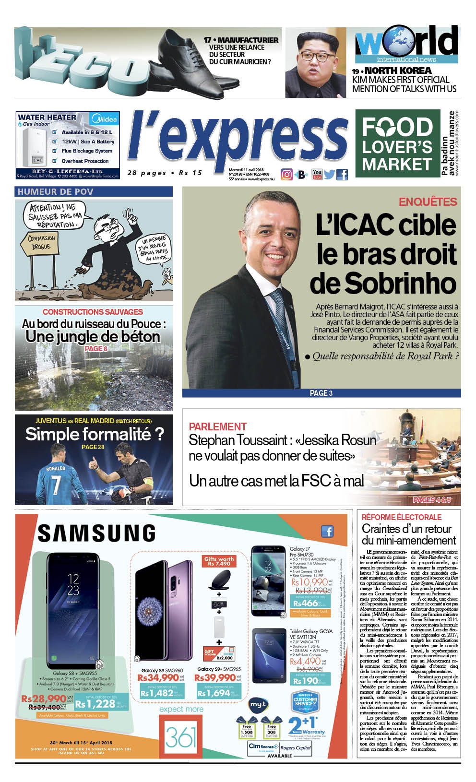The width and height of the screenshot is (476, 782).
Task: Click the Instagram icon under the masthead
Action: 286,175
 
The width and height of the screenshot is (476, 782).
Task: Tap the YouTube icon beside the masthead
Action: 317,175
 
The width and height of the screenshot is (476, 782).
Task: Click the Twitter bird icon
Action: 329,175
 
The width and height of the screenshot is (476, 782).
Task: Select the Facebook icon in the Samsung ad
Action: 327,531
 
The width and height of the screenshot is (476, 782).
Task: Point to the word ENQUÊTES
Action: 428,202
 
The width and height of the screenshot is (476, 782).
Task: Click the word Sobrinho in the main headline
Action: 383,283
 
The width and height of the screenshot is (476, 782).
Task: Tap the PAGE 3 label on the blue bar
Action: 321,393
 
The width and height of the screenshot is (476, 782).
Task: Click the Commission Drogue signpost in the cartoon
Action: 41,242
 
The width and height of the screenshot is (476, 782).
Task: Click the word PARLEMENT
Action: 217,427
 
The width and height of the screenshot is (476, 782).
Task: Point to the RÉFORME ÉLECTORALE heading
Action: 401,517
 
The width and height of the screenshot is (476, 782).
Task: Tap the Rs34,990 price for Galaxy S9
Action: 158,677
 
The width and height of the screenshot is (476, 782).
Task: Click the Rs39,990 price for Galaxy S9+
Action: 215,677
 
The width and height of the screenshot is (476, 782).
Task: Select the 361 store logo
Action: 181,737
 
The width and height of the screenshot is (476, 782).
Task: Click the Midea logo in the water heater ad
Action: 104,118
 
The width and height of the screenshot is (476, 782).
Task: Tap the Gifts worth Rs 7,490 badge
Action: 219,561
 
